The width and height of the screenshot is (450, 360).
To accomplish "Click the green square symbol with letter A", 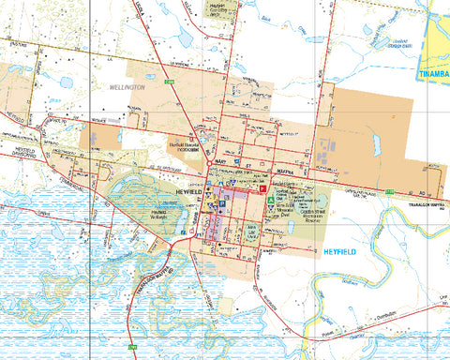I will [270, 201].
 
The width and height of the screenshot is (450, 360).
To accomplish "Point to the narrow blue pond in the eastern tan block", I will [376, 144].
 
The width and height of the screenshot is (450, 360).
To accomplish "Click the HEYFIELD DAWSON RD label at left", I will [21, 153].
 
